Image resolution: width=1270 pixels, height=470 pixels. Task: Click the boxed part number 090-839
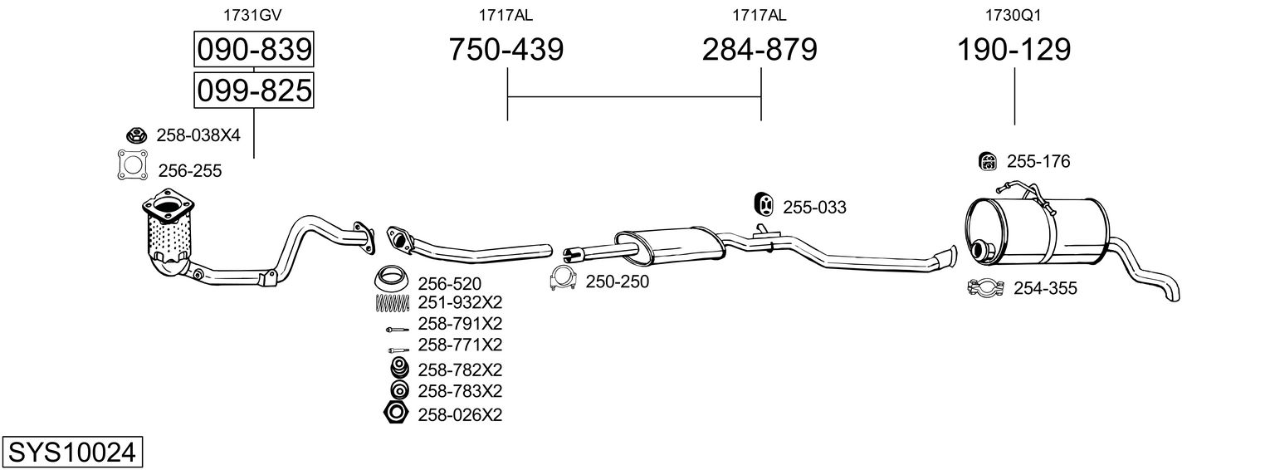point(254,50)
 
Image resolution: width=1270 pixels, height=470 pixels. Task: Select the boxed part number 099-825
point(254,89)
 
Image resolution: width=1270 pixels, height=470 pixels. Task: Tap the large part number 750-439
point(506,50)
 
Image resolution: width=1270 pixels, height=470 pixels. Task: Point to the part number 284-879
point(760,50)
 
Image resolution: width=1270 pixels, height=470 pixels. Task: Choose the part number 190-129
point(1014,50)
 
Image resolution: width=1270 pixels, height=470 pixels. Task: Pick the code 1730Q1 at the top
point(1013,14)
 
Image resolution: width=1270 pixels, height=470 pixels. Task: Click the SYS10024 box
point(71,453)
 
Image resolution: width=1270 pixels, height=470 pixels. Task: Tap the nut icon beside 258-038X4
point(136,135)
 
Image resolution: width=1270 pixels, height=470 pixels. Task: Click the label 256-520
point(449,284)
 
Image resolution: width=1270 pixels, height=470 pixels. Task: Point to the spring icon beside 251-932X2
point(393,303)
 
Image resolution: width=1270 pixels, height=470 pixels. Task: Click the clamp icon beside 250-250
point(564,281)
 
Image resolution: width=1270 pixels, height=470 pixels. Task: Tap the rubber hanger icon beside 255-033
point(763,204)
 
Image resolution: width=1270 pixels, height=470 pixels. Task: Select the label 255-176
point(1038,162)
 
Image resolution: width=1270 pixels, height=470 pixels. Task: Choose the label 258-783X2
point(460,390)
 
